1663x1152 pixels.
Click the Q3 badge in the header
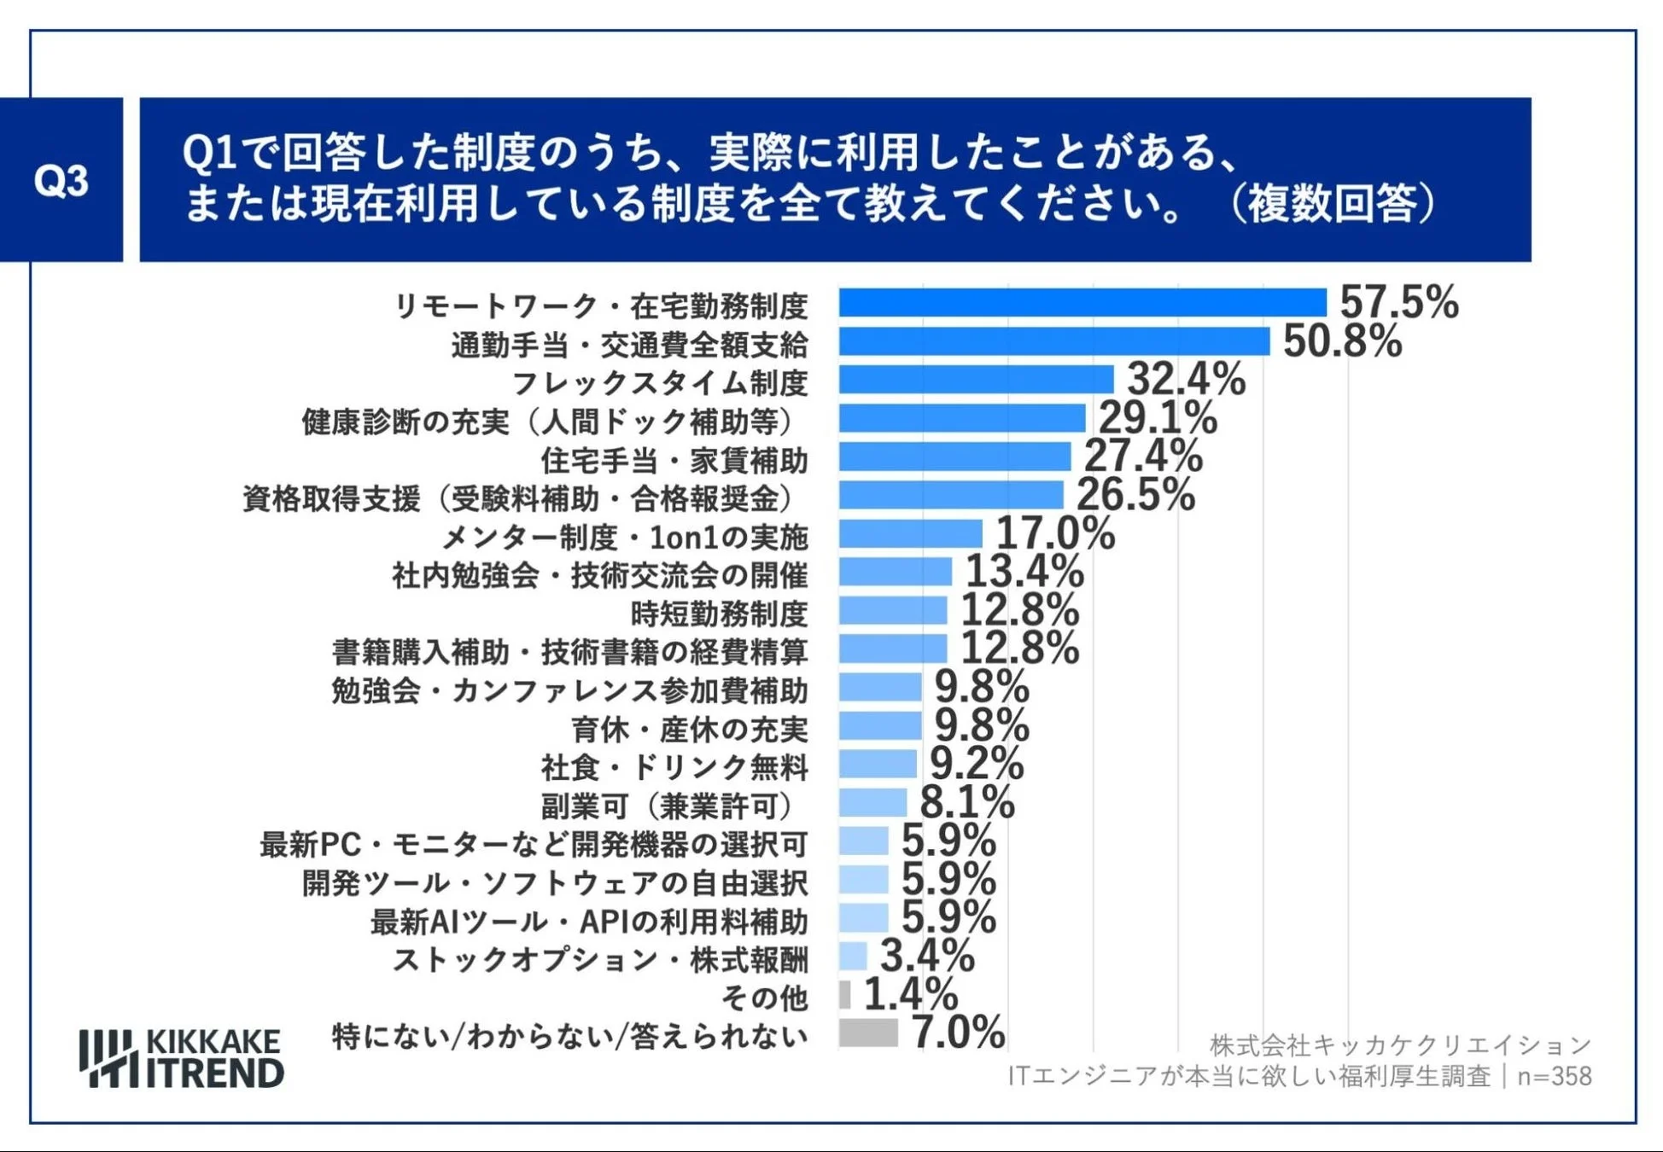pyautogui.click(x=61, y=180)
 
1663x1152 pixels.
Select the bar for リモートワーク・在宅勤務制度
pyautogui.click(x=1082, y=303)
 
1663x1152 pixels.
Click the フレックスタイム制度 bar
pyautogui.click(x=976, y=380)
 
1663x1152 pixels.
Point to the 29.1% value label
pyautogui.click(x=1157, y=418)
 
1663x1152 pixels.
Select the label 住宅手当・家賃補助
pyautogui.click(x=674, y=460)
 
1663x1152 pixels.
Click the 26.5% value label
pyautogui.click(x=1135, y=495)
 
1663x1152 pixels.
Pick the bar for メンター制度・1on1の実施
pyautogui.click(x=910, y=534)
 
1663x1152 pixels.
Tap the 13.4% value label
pyautogui.click(x=1024, y=572)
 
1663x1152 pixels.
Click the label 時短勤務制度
pyautogui.click(x=718, y=614)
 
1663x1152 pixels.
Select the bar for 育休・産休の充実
pyautogui.click(x=879, y=726)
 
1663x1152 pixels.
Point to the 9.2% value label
pyautogui.click(x=976, y=764)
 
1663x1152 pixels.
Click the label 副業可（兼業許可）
pyautogui.click(x=674, y=806)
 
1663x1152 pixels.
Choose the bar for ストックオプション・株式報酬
pyautogui.click(x=853, y=956)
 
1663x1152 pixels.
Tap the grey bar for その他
pyautogui.click(x=844, y=994)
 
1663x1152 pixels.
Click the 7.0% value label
pyautogui.click(x=958, y=1033)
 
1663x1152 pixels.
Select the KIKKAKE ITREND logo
pyautogui.click(x=181, y=1058)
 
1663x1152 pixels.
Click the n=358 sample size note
pyautogui.click(x=1554, y=1077)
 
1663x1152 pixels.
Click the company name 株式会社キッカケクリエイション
pyautogui.click(x=1400, y=1044)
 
